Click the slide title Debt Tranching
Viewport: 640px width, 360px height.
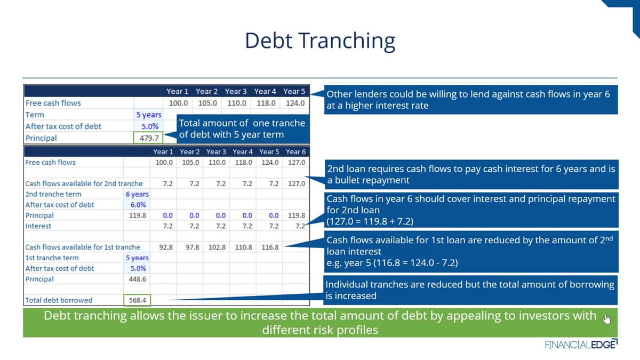pyautogui.click(x=320, y=41)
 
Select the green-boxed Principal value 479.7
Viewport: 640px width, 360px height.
pyautogui.click(x=148, y=138)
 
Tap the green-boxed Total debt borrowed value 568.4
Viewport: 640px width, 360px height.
pyautogui.click(x=137, y=300)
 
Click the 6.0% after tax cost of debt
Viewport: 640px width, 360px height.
pyautogui.click(x=138, y=205)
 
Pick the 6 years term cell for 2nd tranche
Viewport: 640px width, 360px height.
pyautogui.click(x=137, y=194)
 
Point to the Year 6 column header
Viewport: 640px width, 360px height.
pyautogui.click(x=295, y=151)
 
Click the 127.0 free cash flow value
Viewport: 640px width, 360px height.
pyautogui.click(x=297, y=162)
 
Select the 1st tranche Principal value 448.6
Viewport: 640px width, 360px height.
pyautogui.click(x=137, y=279)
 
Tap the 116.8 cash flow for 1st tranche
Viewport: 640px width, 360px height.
pyautogui.click(x=270, y=247)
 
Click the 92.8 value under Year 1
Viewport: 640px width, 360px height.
pyautogui.click(x=166, y=247)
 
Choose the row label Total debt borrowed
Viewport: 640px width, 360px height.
pyautogui.click(x=59, y=300)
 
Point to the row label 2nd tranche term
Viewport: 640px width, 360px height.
pyautogui.click(x=53, y=194)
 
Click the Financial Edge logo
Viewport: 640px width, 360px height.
pyautogui.click(x=581, y=345)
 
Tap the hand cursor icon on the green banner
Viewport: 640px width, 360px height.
pyautogui.click(x=607, y=318)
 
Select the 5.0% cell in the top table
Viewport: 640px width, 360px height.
pyautogui.click(x=150, y=126)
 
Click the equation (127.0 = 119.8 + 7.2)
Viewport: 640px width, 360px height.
pyautogui.click(x=370, y=221)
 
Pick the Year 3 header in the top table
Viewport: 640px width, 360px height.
pyautogui.click(x=235, y=91)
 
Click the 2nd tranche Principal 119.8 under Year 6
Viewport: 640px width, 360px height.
pyautogui.click(x=297, y=215)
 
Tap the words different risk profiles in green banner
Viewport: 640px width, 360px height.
pyautogui.click(x=320, y=330)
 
